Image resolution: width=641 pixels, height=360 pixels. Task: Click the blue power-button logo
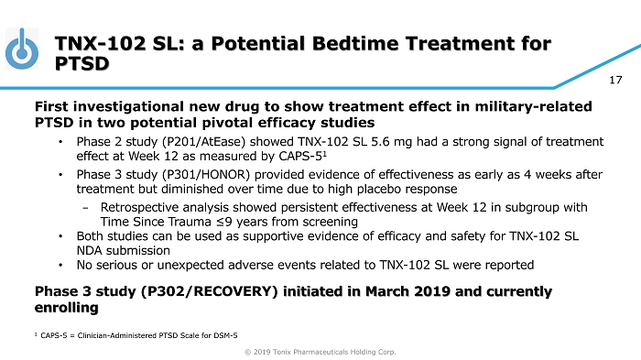coord(22,49)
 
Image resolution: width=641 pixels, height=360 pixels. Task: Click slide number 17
coord(615,80)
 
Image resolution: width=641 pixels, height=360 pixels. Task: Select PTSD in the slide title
coord(81,63)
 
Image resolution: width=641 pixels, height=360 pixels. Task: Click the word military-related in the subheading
coord(533,106)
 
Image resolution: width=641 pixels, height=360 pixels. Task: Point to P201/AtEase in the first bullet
coord(203,142)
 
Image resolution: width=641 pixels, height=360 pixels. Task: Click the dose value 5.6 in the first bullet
coord(381,142)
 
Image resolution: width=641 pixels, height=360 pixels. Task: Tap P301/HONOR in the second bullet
coord(206,175)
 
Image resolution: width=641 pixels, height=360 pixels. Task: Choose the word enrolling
coord(66,308)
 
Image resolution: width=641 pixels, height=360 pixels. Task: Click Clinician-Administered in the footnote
coord(115,335)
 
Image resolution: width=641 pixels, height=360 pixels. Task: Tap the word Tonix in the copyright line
coord(282,352)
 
